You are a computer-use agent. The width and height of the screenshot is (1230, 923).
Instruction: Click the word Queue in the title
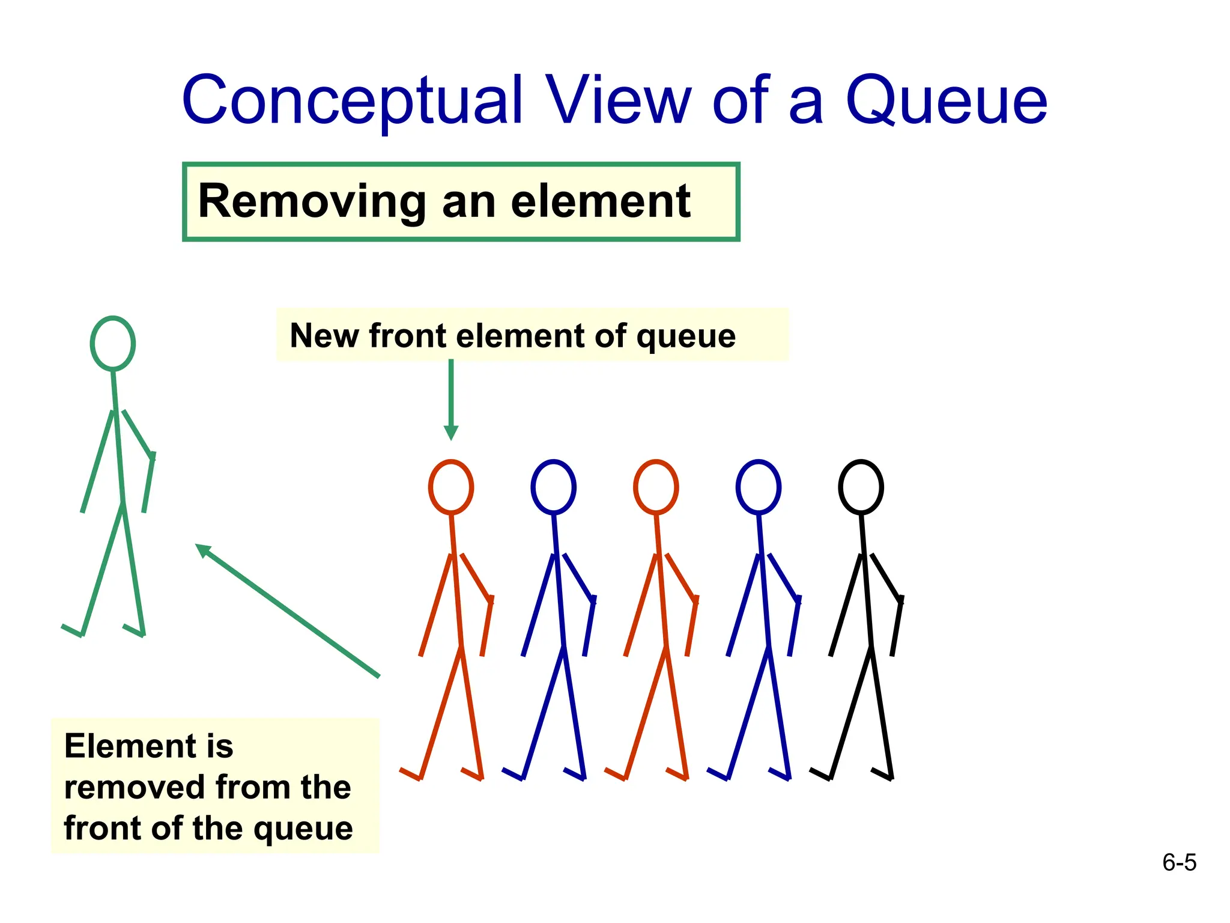pyautogui.click(x=947, y=100)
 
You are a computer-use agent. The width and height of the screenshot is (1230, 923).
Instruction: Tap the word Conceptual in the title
pyautogui.click(x=353, y=100)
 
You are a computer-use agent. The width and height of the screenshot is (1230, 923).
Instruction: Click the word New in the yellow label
pyautogui.click(x=323, y=335)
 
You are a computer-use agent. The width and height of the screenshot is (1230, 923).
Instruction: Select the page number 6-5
pyautogui.click(x=1179, y=863)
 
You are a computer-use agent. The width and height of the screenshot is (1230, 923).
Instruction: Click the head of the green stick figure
pyautogui.click(x=113, y=343)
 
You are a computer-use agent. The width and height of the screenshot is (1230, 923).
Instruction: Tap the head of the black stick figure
pyautogui.click(x=861, y=487)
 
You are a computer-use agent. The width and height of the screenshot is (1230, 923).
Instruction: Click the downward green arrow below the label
pyautogui.click(x=451, y=400)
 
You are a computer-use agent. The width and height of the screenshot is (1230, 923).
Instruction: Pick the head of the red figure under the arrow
pyautogui.click(x=451, y=487)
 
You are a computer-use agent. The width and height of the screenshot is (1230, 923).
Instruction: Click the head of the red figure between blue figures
pyautogui.click(x=656, y=487)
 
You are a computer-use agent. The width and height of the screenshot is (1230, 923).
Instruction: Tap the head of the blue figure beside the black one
pyautogui.click(x=759, y=487)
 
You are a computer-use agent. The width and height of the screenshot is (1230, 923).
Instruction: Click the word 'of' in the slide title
pyautogui.click(x=741, y=100)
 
